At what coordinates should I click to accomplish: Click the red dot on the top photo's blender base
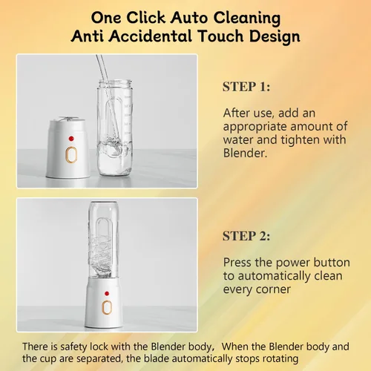coord(71,139)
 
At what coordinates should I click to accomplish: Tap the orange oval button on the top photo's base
coord(71,155)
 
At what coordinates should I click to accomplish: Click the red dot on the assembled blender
coord(107,293)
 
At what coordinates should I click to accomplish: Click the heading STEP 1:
coord(246,87)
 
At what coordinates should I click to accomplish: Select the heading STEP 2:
coord(246,236)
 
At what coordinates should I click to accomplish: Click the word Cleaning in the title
coord(247,19)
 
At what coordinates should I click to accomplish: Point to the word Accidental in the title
coord(150,36)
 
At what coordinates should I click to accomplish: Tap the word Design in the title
coord(275,36)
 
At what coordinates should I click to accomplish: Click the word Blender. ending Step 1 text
coord(245,153)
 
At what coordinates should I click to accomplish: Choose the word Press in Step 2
coord(237,263)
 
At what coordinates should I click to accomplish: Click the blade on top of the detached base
coord(68,119)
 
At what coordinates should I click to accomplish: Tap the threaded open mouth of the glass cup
coord(115,83)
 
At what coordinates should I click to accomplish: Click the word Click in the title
coord(145,18)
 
